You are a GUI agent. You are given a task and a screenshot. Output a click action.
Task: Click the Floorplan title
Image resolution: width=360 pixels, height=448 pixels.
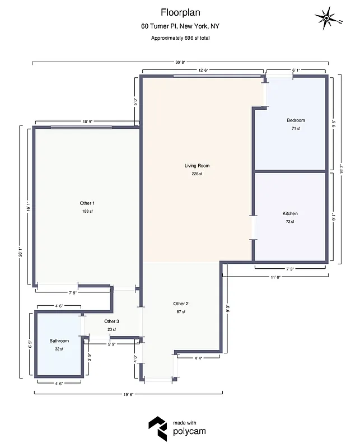(180, 12)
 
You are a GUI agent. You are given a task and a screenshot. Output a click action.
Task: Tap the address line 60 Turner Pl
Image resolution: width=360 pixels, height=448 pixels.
(180, 26)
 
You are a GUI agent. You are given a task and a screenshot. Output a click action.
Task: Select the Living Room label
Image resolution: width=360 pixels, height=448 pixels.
(197, 166)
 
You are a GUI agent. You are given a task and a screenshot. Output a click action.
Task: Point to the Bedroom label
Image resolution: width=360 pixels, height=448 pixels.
(296, 120)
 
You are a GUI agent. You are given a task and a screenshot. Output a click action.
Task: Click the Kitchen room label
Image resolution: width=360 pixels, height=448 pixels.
(290, 213)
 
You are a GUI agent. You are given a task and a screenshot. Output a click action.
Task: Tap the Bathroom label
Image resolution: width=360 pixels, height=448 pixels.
(59, 341)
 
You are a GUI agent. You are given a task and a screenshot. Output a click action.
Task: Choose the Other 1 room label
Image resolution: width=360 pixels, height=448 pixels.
(87, 203)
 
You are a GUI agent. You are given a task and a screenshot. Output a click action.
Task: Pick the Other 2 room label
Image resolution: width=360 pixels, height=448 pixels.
(180, 304)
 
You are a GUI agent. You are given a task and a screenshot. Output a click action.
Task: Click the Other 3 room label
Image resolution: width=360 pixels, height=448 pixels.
(111, 321)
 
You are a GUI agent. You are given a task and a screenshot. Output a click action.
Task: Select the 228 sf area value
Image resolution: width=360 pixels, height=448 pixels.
(197, 174)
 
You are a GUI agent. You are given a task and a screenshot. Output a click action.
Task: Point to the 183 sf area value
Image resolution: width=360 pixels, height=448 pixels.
(87, 211)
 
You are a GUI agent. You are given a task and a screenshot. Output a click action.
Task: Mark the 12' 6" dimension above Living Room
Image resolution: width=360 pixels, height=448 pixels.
(203, 71)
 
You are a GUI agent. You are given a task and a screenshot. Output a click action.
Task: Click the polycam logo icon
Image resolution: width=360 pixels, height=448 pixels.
(157, 429)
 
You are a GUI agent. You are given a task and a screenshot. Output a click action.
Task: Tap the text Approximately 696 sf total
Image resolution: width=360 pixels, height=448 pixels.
(180, 38)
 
